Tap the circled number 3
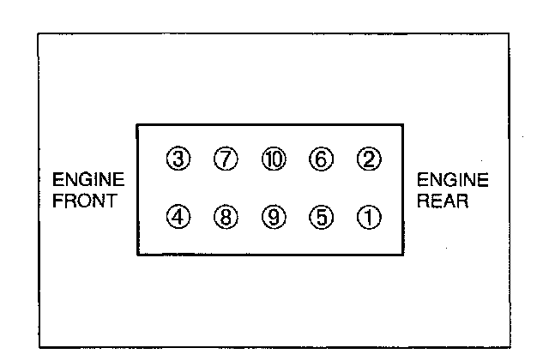pyautogui.click(x=178, y=160)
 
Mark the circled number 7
pyautogui.click(x=226, y=160)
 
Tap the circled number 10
pyautogui.click(x=274, y=160)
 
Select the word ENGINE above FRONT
pyautogui.click(x=89, y=180)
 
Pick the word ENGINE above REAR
pyautogui.click(x=453, y=180)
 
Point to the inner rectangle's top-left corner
pyautogui.click(x=137, y=125)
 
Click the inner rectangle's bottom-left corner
pyautogui.click(x=137, y=254)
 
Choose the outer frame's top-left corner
pyautogui.click(x=39, y=33)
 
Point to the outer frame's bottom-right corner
pyautogui.click(x=509, y=347)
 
